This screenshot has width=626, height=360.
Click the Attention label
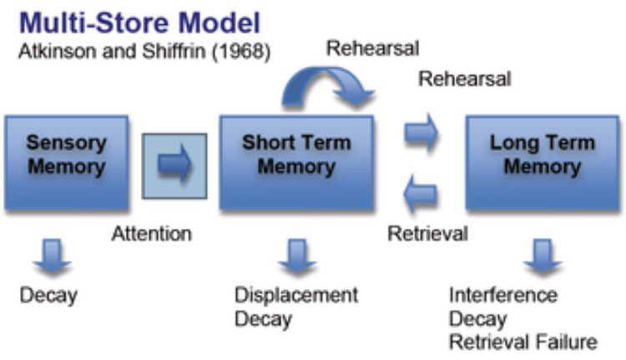click(x=151, y=234)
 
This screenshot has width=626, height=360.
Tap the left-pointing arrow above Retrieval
click(x=422, y=195)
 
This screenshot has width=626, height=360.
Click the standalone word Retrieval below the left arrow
click(x=427, y=233)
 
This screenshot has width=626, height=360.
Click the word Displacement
click(x=295, y=295)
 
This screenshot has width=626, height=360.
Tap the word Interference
click(x=502, y=295)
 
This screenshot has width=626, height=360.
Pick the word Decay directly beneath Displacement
click(x=263, y=318)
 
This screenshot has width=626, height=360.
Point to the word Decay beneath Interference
click(x=477, y=318)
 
